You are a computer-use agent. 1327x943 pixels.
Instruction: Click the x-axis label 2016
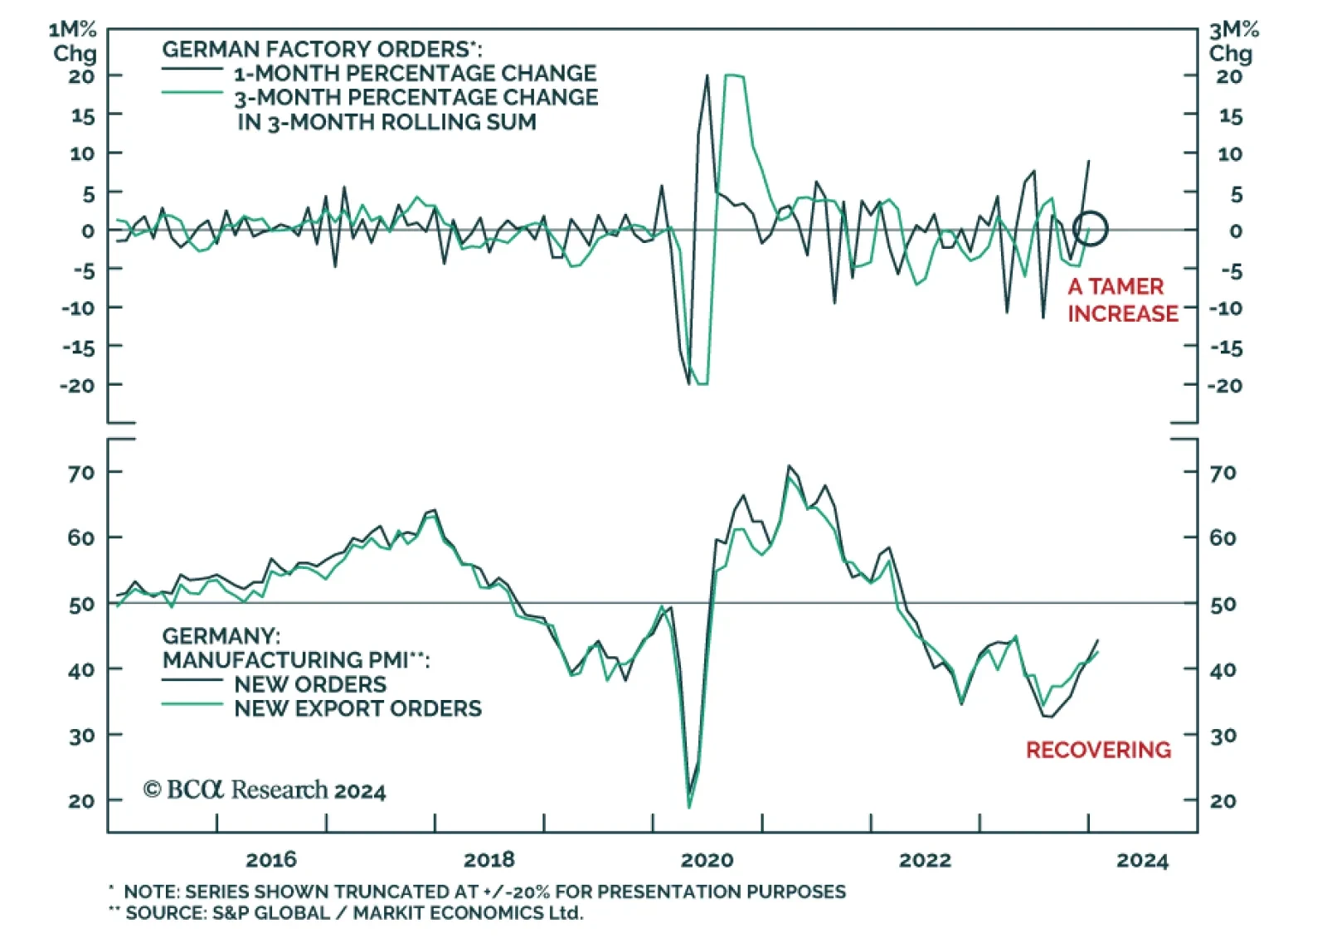[x=271, y=859]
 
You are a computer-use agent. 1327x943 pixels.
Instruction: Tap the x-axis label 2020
[x=707, y=859]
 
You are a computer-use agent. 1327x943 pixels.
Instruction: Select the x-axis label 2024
[x=1142, y=860]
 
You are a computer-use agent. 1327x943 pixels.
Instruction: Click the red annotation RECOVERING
[x=1098, y=750]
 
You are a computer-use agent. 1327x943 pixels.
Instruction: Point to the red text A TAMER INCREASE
[x=1122, y=299]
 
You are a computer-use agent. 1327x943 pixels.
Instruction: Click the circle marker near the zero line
[x=1090, y=228]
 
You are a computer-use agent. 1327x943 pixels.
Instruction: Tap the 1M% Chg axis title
[x=74, y=41]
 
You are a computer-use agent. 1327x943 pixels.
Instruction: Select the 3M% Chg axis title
[x=1232, y=41]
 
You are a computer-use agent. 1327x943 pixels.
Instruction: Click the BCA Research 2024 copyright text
[x=265, y=790]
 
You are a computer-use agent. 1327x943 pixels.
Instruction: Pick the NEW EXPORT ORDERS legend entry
[x=357, y=708]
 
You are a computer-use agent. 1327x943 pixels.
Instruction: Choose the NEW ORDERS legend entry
[x=310, y=684]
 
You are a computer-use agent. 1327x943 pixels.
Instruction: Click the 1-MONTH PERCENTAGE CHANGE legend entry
[x=415, y=73]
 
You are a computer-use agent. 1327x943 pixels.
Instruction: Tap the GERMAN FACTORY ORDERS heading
[x=321, y=49]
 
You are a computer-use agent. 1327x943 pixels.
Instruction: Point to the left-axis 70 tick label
[x=81, y=473]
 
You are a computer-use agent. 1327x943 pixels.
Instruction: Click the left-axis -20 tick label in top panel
[x=77, y=386]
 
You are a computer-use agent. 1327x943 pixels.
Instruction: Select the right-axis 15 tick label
[x=1230, y=116]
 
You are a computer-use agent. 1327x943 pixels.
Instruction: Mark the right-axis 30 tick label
[x=1223, y=736]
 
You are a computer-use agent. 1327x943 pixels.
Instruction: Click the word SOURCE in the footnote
[x=165, y=913]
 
